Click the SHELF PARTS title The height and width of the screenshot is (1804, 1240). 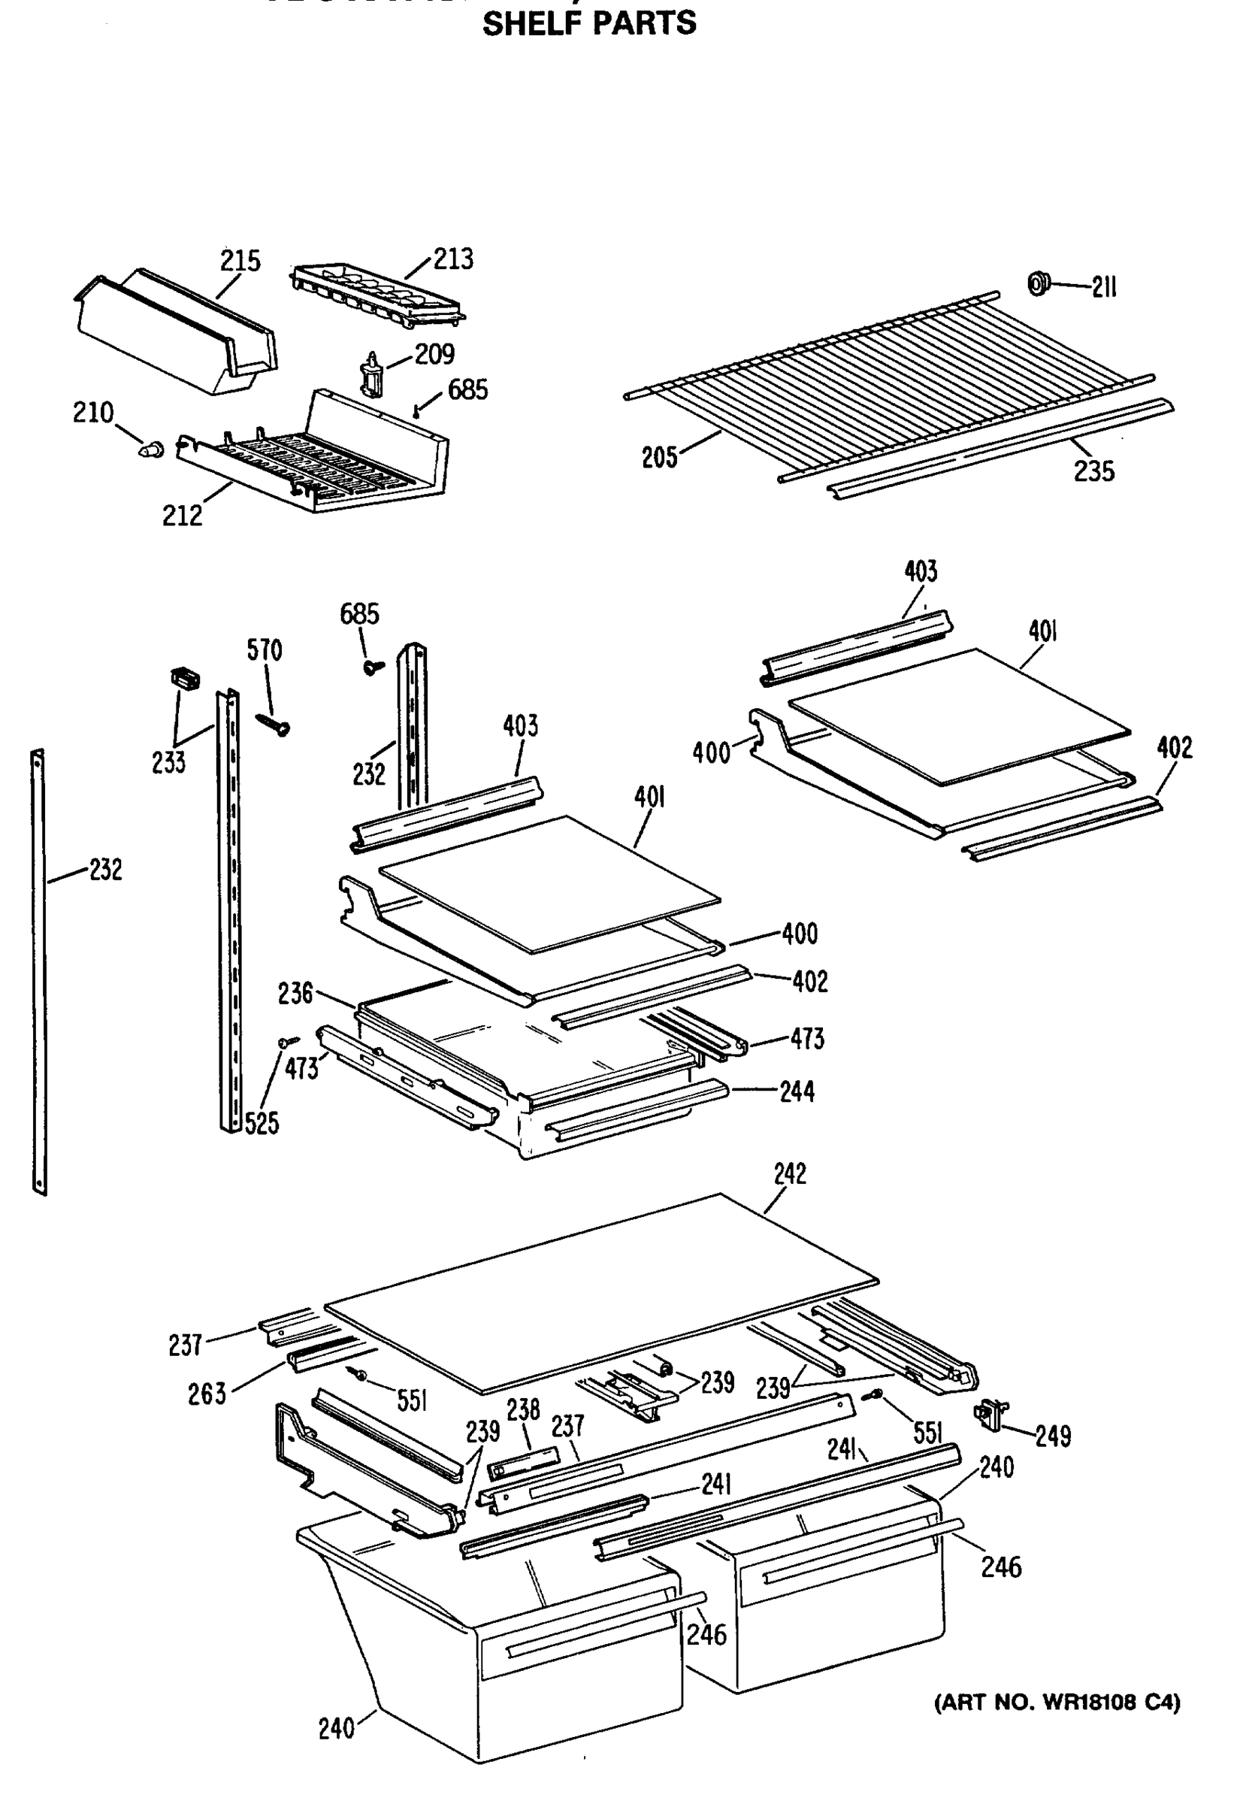[589, 23]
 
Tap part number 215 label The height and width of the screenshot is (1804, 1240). [240, 260]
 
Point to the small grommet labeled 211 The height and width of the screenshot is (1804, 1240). [1037, 284]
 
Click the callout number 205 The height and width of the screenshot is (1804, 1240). [659, 458]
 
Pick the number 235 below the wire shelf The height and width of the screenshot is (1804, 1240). [1093, 471]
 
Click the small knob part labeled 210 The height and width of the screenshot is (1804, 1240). [153, 448]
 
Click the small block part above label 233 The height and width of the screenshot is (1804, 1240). [184, 677]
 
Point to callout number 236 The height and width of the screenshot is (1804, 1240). [295, 993]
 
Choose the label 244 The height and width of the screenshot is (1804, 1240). [797, 1091]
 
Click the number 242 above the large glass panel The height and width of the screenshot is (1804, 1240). [789, 1173]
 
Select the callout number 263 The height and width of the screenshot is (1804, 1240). [207, 1394]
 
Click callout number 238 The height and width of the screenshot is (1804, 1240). [523, 1410]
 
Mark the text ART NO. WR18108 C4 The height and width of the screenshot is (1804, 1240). [1056, 1703]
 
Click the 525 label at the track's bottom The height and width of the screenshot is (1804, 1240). [261, 1124]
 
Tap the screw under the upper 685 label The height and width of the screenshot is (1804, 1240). [374, 667]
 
